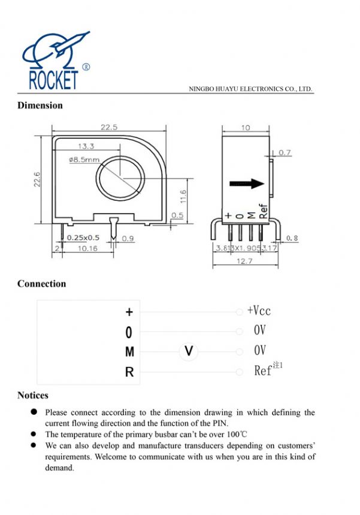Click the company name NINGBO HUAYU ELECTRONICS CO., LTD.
coord(250,89)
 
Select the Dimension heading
coord(40,106)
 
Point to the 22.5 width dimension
coord(108,127)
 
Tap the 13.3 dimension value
coord(86,146)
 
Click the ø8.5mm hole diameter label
coord(84,160)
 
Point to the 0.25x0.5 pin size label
coord(83,237)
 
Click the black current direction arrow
coord(247,183)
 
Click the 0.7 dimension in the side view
coord(284,153)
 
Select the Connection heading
coord(41,284)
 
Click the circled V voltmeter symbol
coord(189,351)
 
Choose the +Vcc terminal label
coord(259,311)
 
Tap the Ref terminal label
coord(264,371)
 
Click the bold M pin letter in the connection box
coord(129,353)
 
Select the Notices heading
coord(33,395)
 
